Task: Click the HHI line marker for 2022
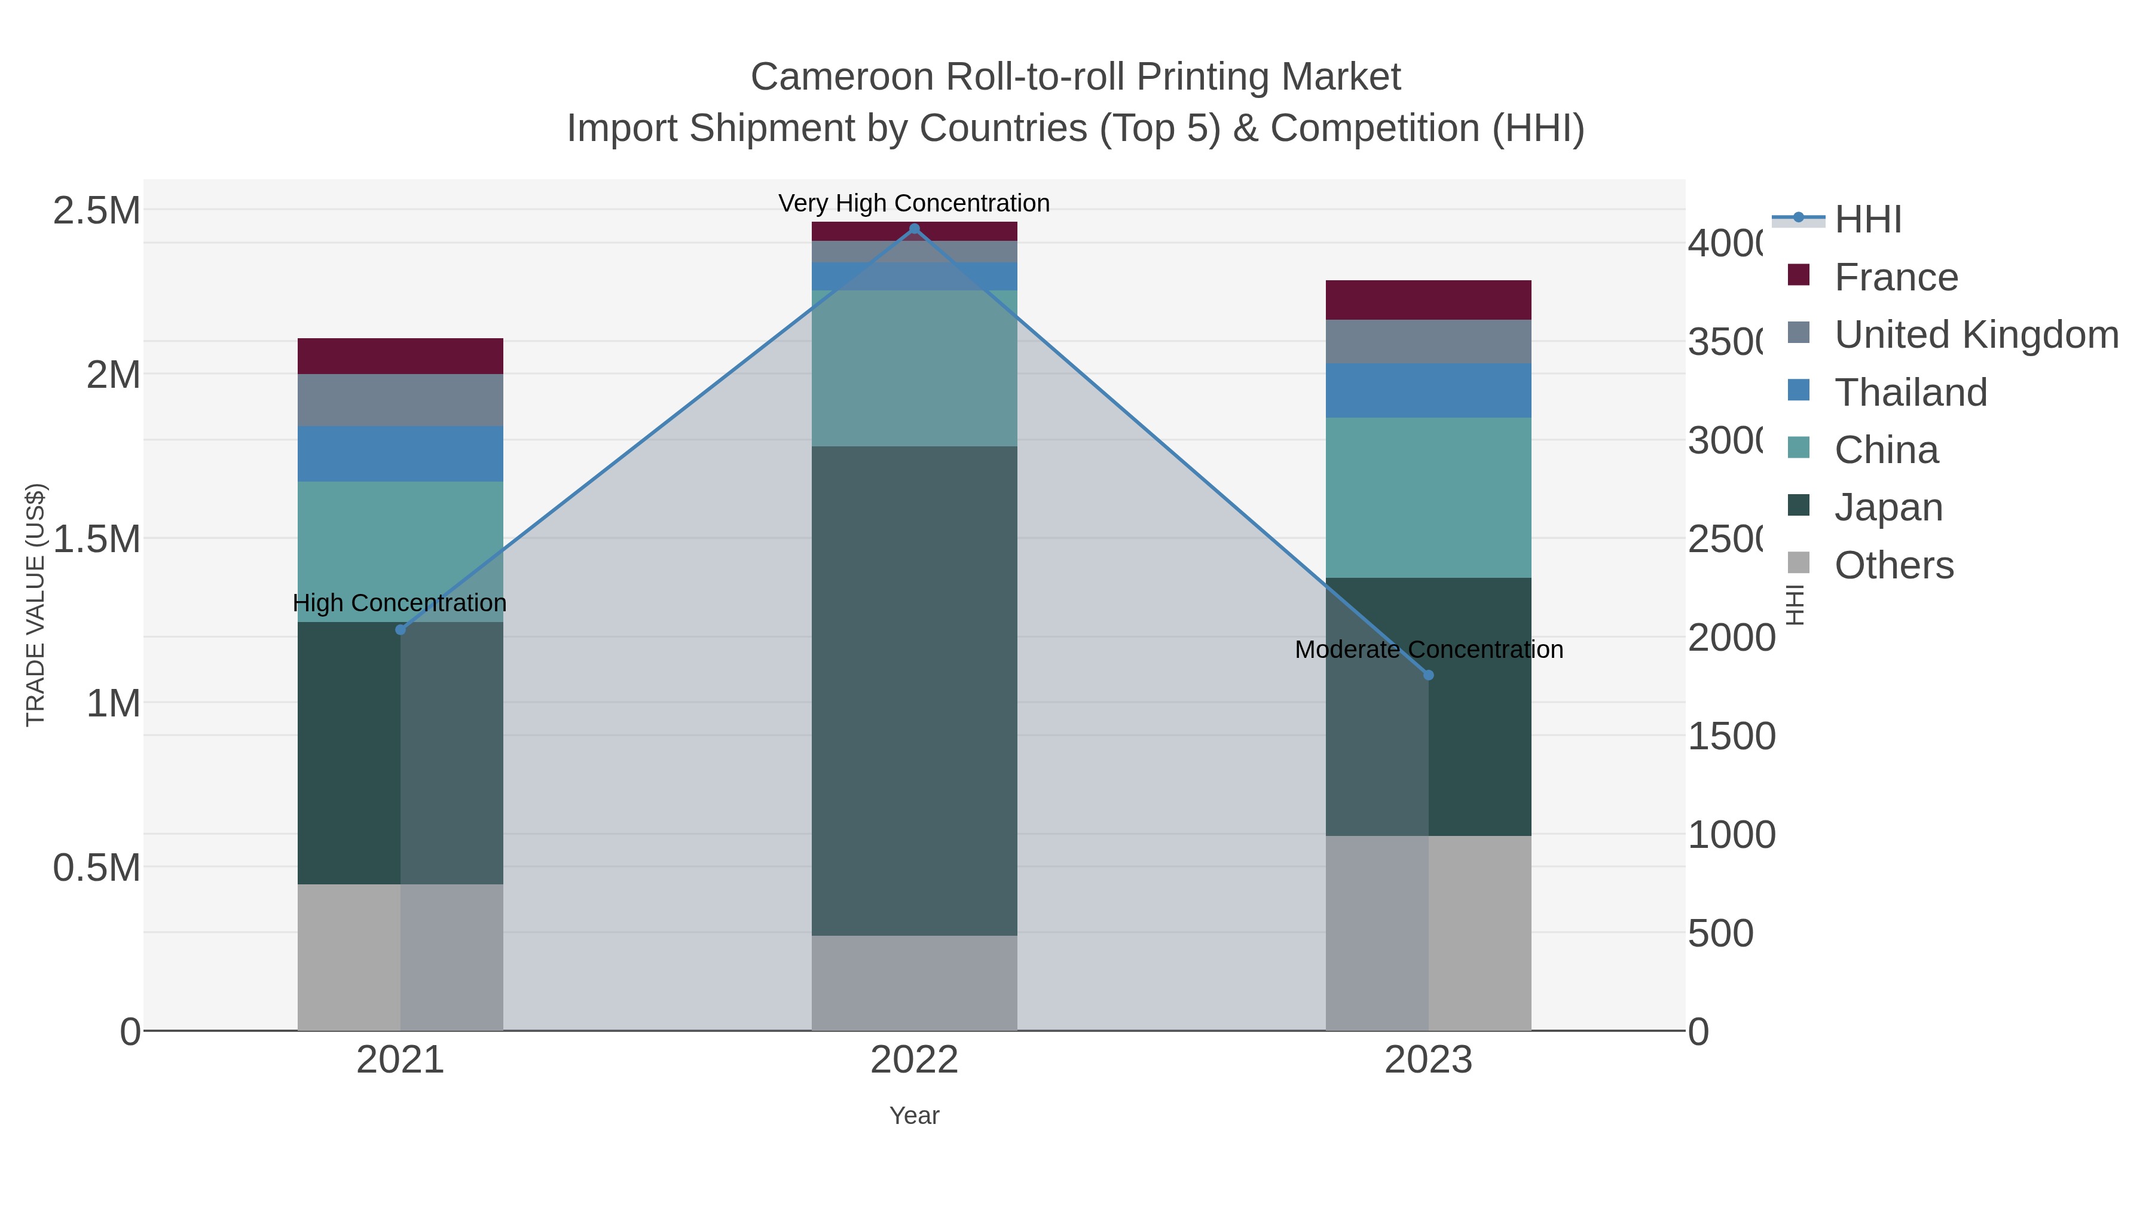(x=914, y=229)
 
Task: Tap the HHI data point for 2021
(x=400, y=630)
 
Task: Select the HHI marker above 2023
(x=1429, y=675)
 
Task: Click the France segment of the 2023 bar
(x=1429, y=300)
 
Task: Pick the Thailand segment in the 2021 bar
(x=400, y=454)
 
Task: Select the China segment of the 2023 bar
(x=1429, y=498)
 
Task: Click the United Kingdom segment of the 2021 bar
(x=400, y=400)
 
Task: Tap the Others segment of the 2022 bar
(x=914, y=983)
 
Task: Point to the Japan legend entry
(x=1888, y=508)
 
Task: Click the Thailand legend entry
(x=1910, y=393)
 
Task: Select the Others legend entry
(x=1894, y=565)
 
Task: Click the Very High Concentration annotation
(x=914, y=203)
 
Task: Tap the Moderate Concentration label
(x=1429, y=650)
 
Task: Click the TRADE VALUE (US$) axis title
(x=35, y=605)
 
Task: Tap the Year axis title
(x=914, y=1116)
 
